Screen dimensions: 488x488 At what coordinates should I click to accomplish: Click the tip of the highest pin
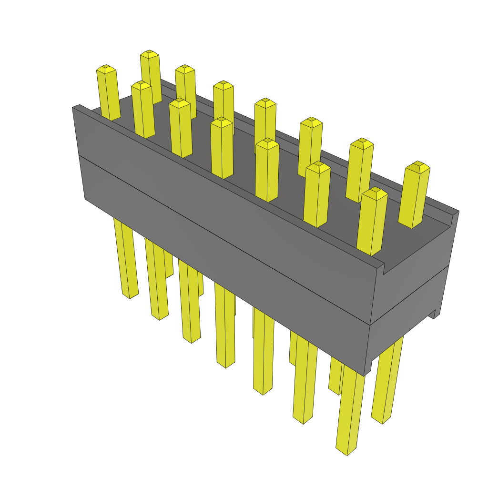coord(149,53)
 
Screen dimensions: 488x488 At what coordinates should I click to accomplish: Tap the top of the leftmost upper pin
coord(106,69)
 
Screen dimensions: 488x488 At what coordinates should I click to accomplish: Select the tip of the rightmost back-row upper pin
coord(418,166)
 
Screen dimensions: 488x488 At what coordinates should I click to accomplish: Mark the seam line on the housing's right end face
coord(410,295)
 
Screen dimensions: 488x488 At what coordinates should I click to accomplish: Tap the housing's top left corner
coord(75,108)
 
